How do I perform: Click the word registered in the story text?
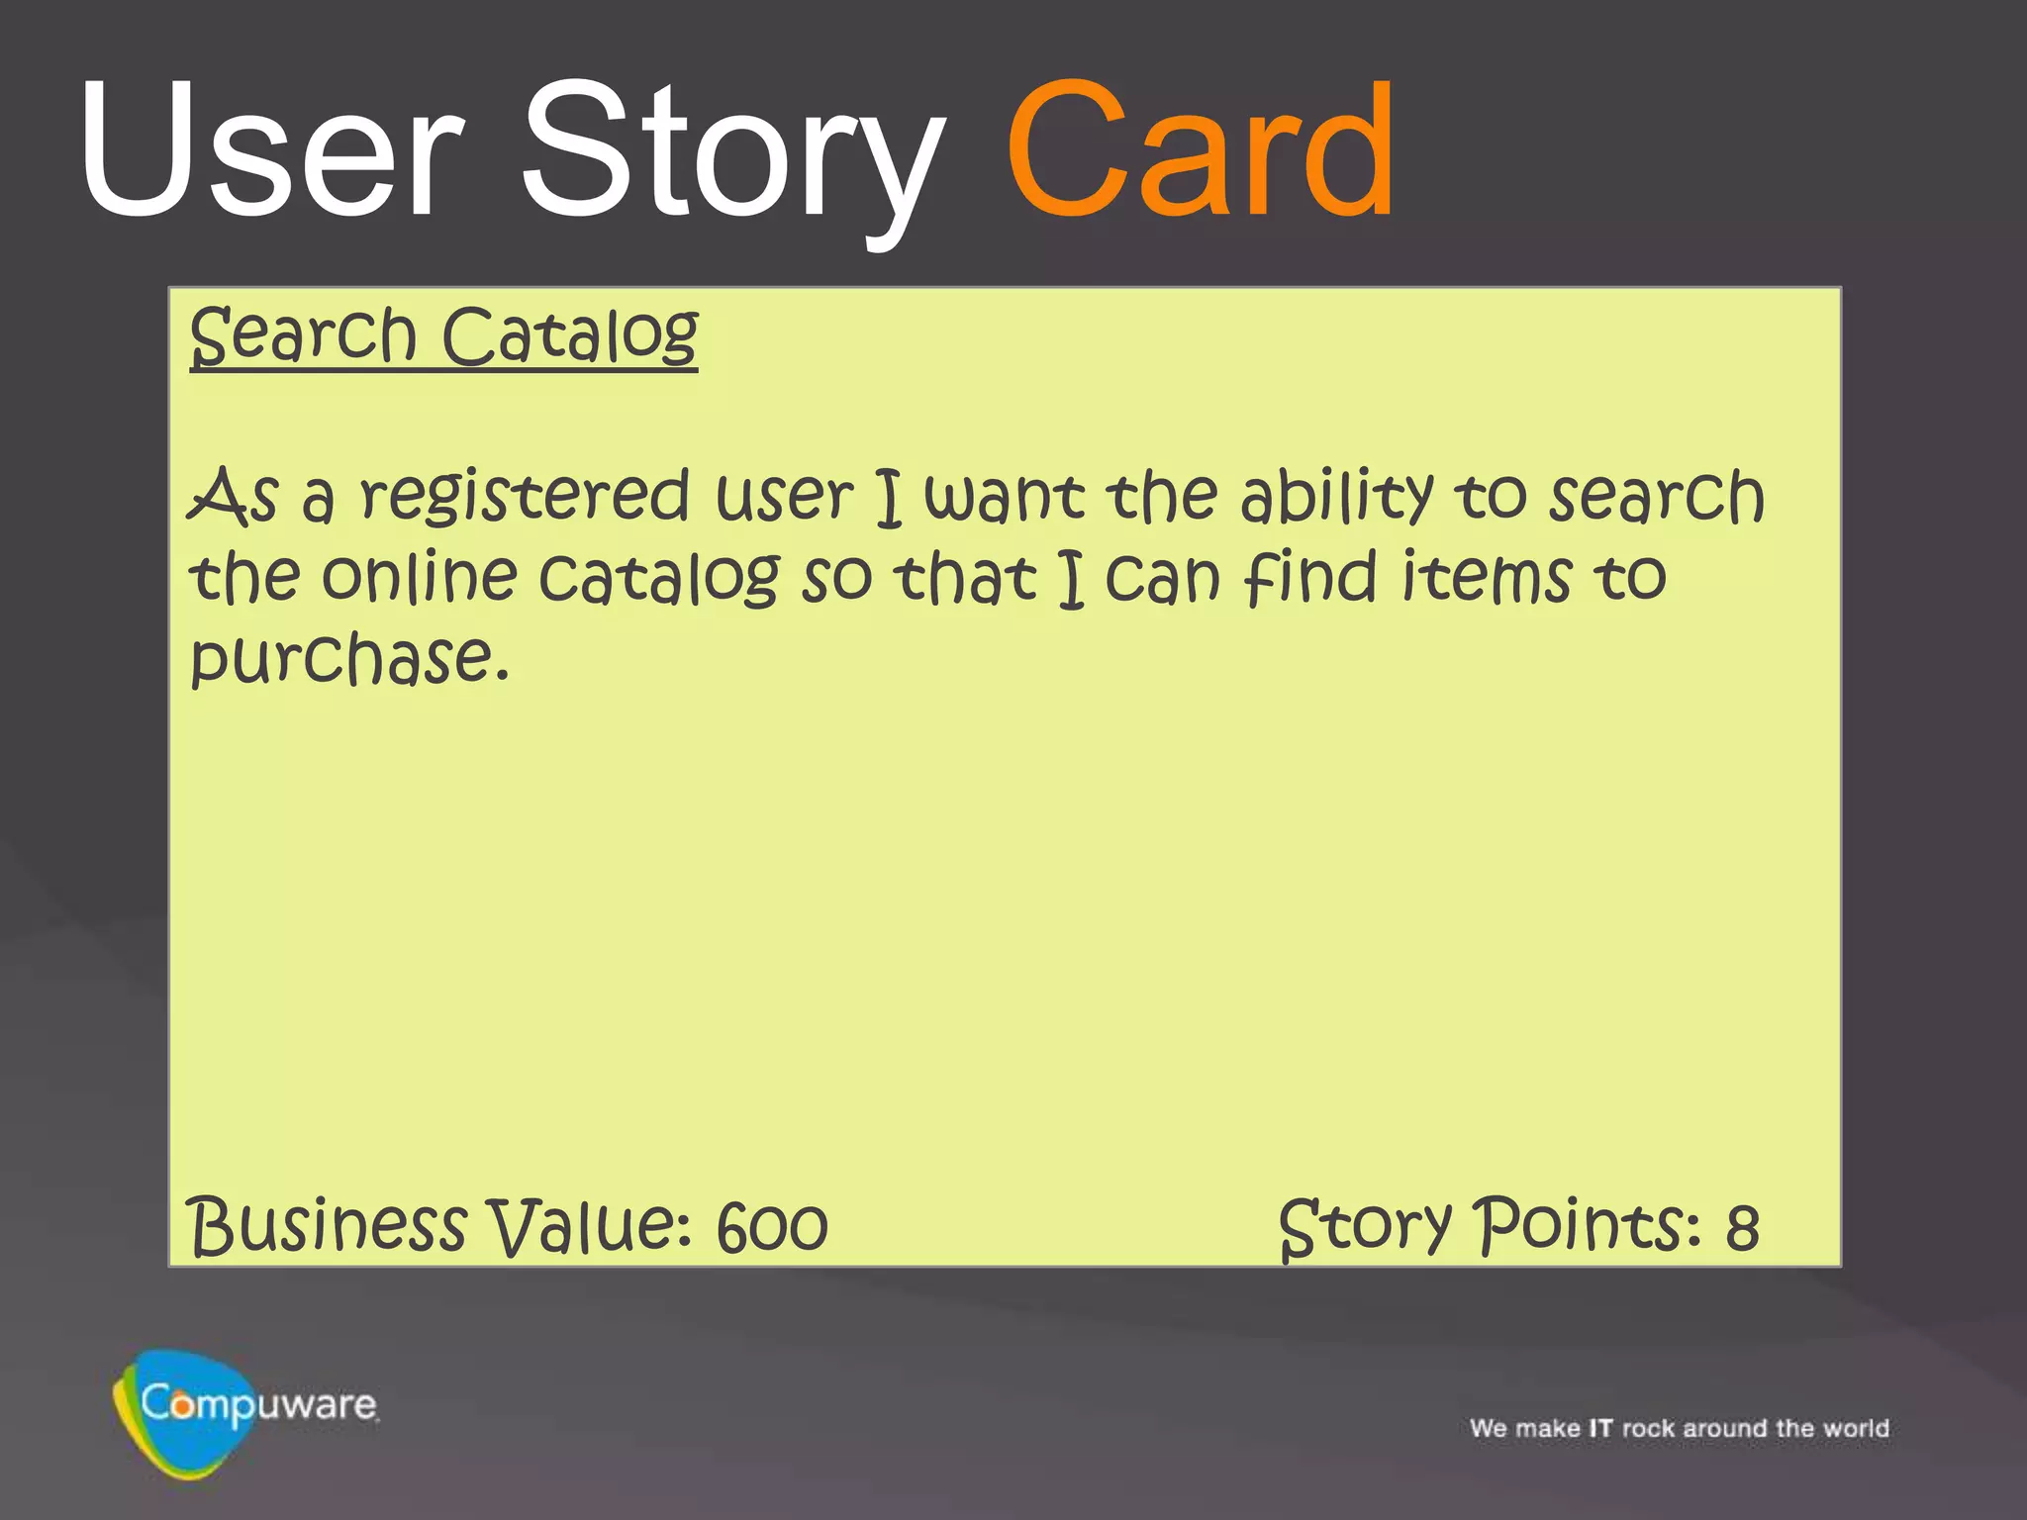[524, 497]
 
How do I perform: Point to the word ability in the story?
[1336, 497]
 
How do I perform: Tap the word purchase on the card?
[348, 659]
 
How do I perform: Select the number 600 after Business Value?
[772, 1228]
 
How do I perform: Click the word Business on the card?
[327, 1226]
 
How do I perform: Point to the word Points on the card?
[1590, 1226]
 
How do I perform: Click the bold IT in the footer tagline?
[1600, 1429]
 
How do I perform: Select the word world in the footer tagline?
[1857, 1429]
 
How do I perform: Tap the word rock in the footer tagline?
[1648, 1429]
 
